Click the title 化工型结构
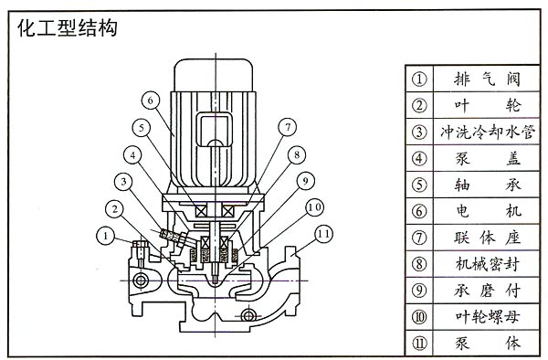click(67, 28)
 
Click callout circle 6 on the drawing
click(151, 101)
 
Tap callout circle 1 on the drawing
click(105, 236)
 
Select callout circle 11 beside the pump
click(323, 234)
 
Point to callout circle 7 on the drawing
click(288, 127)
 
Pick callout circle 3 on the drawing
click(123, 182)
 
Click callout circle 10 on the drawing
click(314, 207)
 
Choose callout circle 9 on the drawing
click(305, 181)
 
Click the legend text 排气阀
click(487, 79)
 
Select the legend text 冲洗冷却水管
click(487, 132)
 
